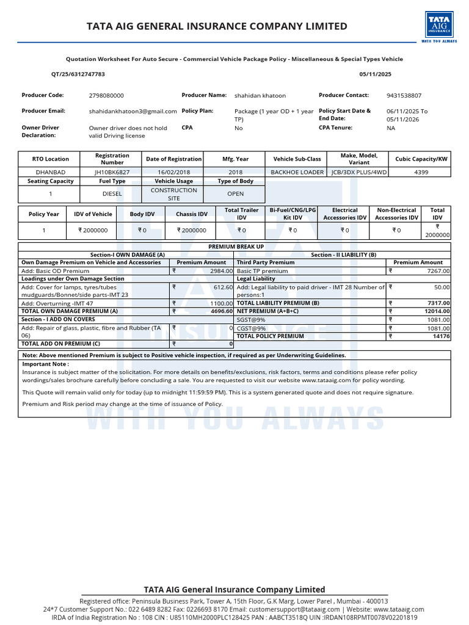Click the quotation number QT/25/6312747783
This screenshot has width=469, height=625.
click(x=78, y=74)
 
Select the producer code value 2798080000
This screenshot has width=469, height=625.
click(x=106, y=96)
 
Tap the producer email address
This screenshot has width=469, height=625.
click(x=133, y=112)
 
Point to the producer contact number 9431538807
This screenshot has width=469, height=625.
click(x=404, y=96)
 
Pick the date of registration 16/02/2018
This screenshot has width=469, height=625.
click(x=173, y=172)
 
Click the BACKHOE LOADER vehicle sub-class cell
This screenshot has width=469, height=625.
click(x=297, y=172)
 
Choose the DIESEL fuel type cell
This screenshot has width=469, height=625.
click(x=112, y=193)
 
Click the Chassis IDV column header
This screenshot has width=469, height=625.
click(x=192, y=214)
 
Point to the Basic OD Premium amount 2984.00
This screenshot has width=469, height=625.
click(x=220, y=270)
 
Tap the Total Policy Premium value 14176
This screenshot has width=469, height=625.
click(x=441, y=336)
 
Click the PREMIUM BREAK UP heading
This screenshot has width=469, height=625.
click(x=236, y=247)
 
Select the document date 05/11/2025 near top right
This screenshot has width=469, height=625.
click(x=376, y=74)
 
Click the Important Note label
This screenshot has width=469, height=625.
click(x=45, y=364)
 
